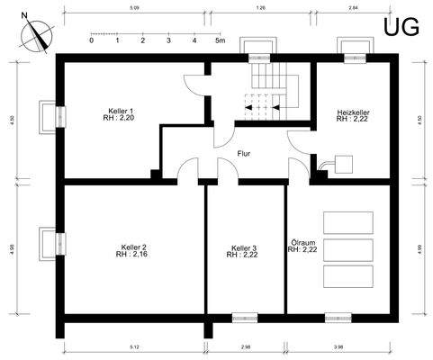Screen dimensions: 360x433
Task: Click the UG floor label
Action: point(401,27)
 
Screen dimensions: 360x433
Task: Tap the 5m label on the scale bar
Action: point(219,41)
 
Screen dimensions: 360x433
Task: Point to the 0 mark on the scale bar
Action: point(92,41)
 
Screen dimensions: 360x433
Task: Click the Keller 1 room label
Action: point(122,114)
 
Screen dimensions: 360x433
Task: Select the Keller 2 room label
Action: point(132,251)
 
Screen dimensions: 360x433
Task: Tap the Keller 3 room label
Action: point(243,251)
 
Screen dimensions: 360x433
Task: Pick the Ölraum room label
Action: point(302,246)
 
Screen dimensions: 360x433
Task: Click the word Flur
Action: point(243,153)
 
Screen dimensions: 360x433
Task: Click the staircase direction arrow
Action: point(277,106)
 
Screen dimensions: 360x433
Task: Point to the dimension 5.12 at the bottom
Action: point(134,346)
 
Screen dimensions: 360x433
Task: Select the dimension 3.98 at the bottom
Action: point(338,346)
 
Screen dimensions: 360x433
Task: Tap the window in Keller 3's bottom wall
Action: point(244,318)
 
